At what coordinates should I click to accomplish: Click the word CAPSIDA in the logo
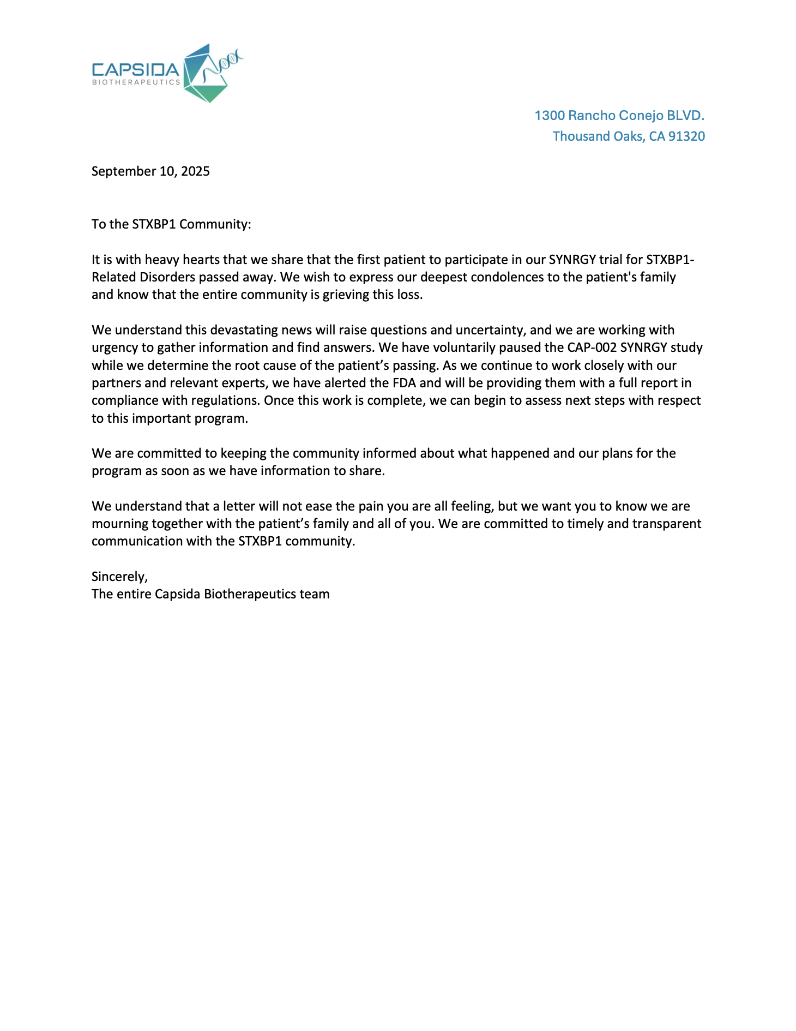(135, 70)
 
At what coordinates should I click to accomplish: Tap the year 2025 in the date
(195, 171)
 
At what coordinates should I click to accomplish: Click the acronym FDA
(404, 383)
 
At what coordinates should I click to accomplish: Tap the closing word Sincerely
(119, 577)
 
